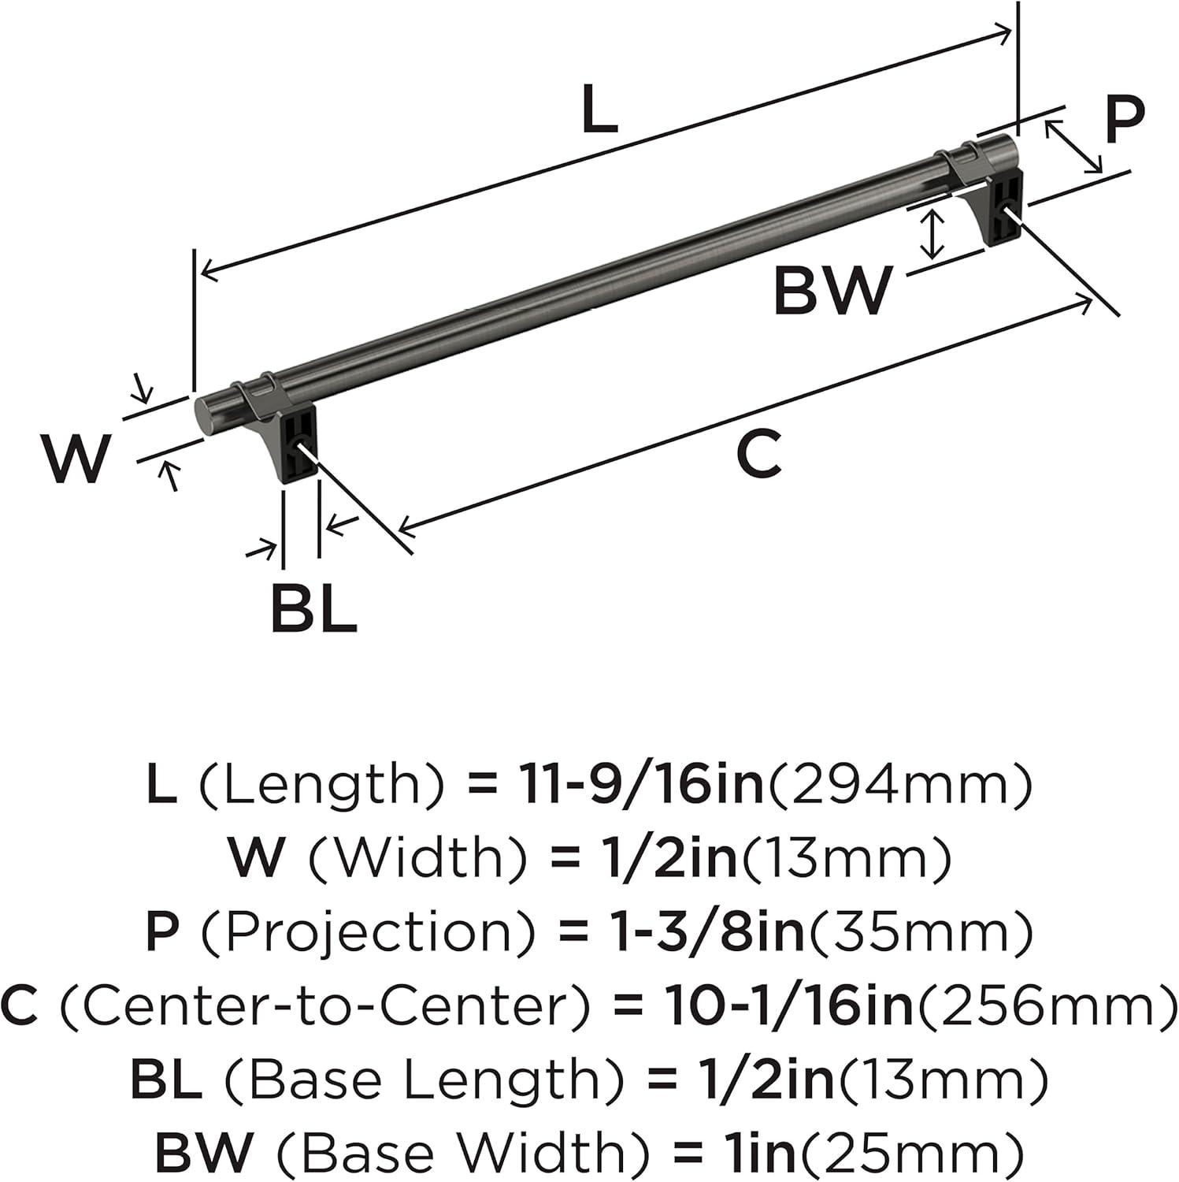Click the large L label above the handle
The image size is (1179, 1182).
(599, 110)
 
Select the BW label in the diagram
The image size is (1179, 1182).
(832, 291)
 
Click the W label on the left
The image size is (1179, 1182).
(76, 459)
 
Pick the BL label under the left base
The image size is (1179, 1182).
(313, 608)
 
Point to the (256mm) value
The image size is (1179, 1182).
(1045, 1006)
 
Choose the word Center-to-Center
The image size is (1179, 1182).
(323, 1006)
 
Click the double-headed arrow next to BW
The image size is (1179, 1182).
(932, 234)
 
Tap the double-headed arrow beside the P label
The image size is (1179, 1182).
(1073, 146)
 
